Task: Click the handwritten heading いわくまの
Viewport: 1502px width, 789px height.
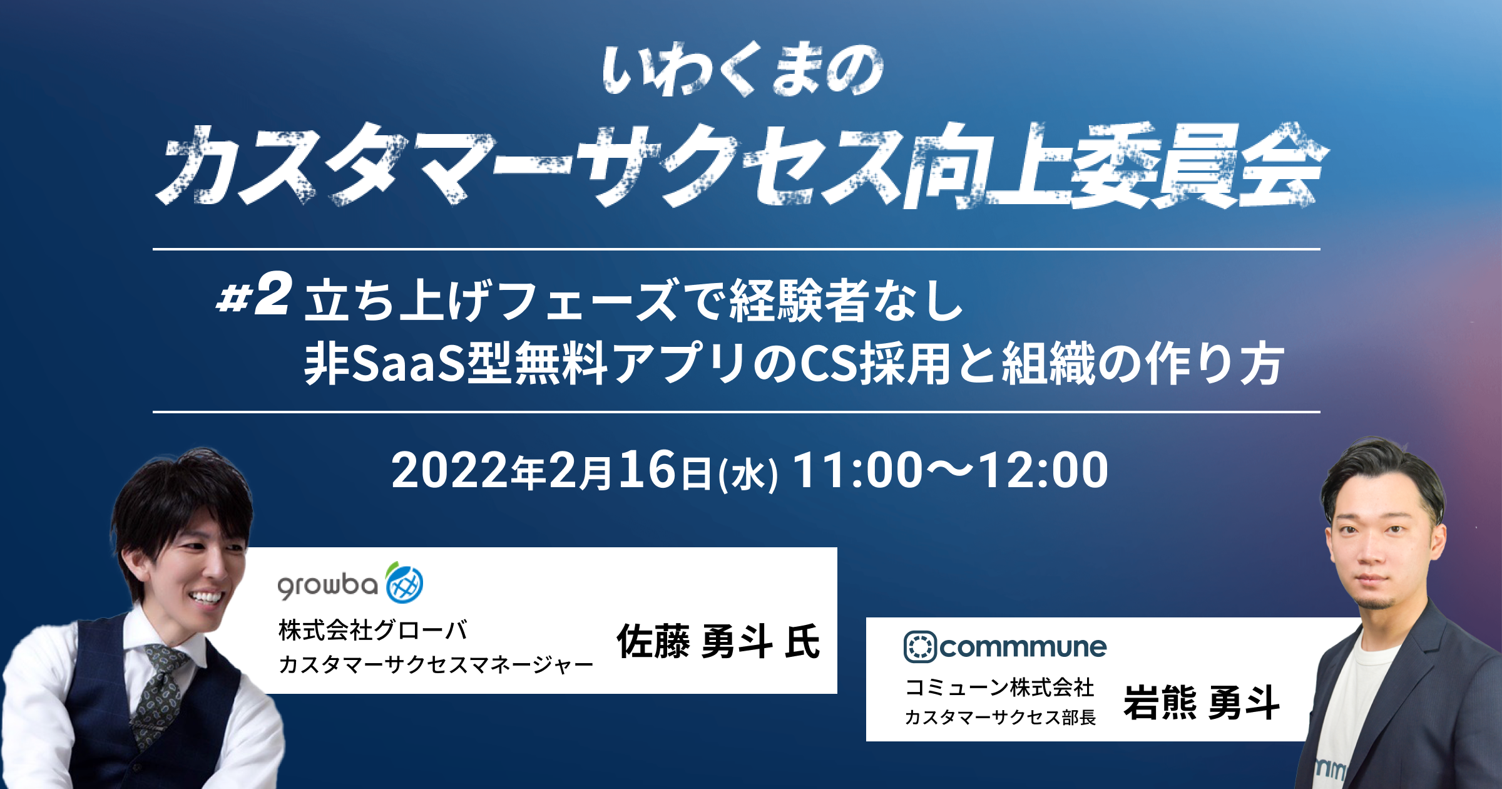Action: click(x=743, y=70)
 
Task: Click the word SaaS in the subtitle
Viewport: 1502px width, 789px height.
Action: click(x=409, y=364)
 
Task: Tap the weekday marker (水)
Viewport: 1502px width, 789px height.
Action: click(x=748, y=475)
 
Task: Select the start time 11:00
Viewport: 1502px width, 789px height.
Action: click(x=857, y=470)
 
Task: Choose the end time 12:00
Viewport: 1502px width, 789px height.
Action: click(x=1043, y=470)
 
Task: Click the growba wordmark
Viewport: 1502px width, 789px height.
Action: click(x=328, y=585)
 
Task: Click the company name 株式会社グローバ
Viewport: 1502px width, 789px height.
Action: click(x=373, y=630)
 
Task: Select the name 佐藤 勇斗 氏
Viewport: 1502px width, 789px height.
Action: click(x=718, y=641)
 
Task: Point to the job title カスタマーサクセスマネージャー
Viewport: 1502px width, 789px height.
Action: click(x=436, y=664)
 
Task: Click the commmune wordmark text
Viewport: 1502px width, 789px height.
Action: click(x=1023, y=647)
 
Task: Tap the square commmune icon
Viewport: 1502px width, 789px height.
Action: click(x=920, y=647)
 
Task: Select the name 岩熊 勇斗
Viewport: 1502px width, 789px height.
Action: click(x=1201, y=702)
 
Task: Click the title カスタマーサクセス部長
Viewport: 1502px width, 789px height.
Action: click(x=1000, y=717)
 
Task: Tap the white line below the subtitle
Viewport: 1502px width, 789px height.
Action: click(x=737, y=412)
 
